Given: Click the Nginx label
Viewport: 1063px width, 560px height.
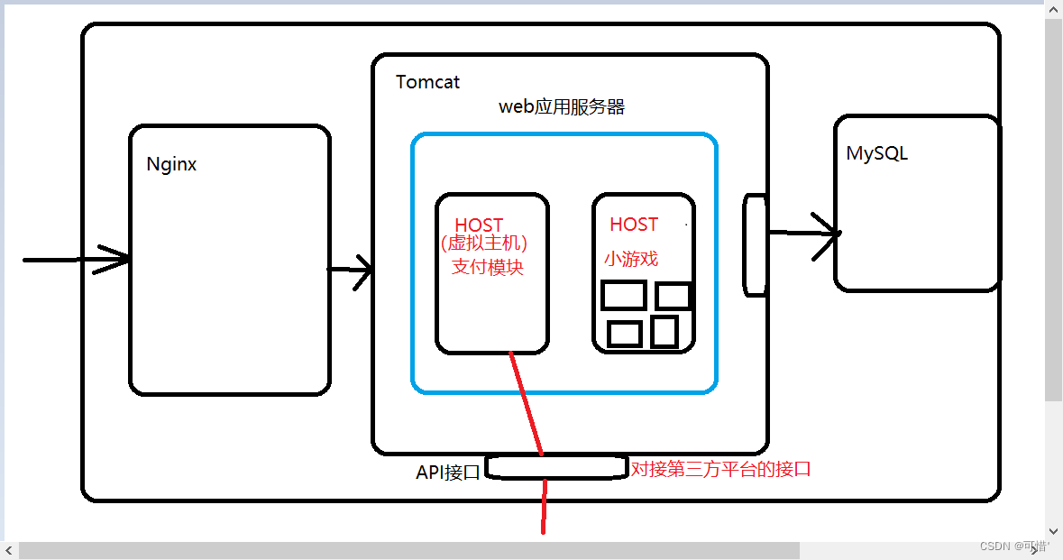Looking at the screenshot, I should pos(171,165).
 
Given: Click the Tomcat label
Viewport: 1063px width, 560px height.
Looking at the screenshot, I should pos(427,82).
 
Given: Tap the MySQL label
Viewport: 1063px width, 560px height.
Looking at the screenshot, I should pos(876,153).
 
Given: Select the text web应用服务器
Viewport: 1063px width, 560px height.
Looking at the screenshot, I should pos(562,107).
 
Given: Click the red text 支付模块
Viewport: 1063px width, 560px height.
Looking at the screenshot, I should pos(487,267).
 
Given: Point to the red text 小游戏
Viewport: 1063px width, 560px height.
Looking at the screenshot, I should pos(631,259).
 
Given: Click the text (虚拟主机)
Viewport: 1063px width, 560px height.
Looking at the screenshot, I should pos(484,243).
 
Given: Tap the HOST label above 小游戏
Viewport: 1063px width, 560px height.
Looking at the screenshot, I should pos(634,225).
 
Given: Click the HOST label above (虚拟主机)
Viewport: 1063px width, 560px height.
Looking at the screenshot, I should pos(479,225).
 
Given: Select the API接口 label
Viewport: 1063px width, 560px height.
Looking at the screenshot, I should pos(448,472).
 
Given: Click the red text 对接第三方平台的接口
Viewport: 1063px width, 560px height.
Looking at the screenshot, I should pos(720,469).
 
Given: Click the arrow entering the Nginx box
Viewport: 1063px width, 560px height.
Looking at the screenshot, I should pos(77,261).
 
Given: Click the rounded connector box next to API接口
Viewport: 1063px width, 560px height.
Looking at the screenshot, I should pos(556,467).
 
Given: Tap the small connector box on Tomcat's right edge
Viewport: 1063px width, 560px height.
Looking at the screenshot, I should pos(756,244).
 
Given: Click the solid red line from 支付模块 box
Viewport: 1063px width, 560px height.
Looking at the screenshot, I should pos(526,403).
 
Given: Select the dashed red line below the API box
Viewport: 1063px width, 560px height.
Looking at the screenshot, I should pos(544,507).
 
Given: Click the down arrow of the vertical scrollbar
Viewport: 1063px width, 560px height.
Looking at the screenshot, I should pos(1053,532).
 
